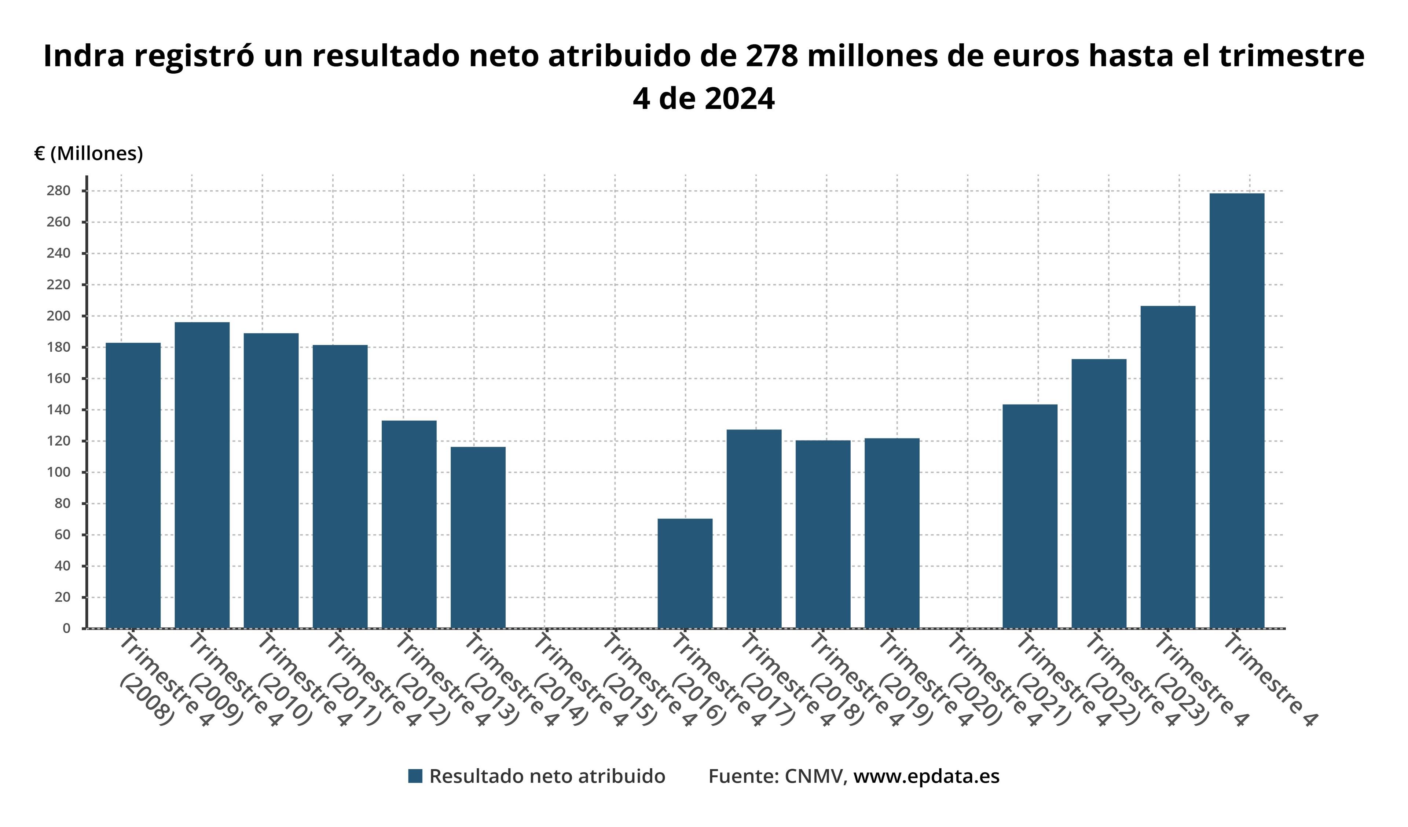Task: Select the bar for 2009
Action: coord(202,475)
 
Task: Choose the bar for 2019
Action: coord(892,533)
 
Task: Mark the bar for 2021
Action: coord(1030,516)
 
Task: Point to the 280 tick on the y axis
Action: coord(59,191)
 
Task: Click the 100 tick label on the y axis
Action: coord(59,472)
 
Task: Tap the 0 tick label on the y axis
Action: coord(66,629)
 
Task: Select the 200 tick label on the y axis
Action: coord(59,316)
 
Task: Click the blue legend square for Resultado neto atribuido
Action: coord(415,776)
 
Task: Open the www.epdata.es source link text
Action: coord(926,776)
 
